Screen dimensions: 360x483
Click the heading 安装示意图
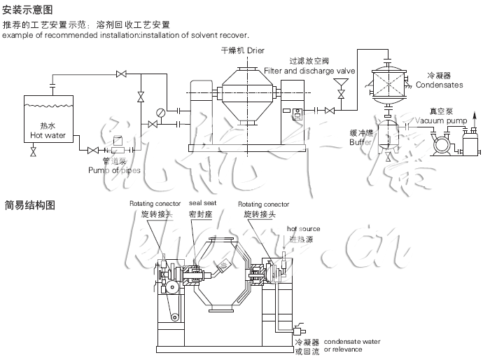pyautogui.click(x=28, y=11)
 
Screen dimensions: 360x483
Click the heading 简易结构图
pyautogui.click(x=28, y=205)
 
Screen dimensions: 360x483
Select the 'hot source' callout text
pyautogui.click(x=304, y=229)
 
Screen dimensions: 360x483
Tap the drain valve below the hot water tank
pyautogui.click(x=33, y=152)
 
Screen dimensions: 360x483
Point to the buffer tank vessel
pyautogui.click(x=388, y=133)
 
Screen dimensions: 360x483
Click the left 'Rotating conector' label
pyautogui.click(x=149, y=204)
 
